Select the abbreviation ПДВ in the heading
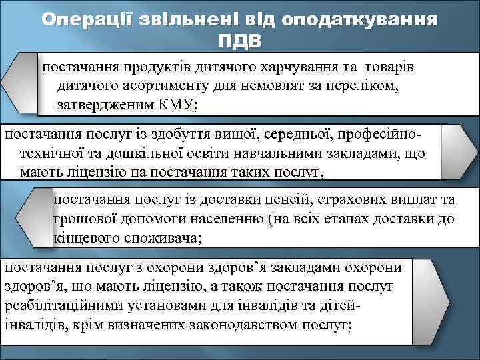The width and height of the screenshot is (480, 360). pos(240,41)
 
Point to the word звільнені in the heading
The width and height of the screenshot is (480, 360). pos(182,19)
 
